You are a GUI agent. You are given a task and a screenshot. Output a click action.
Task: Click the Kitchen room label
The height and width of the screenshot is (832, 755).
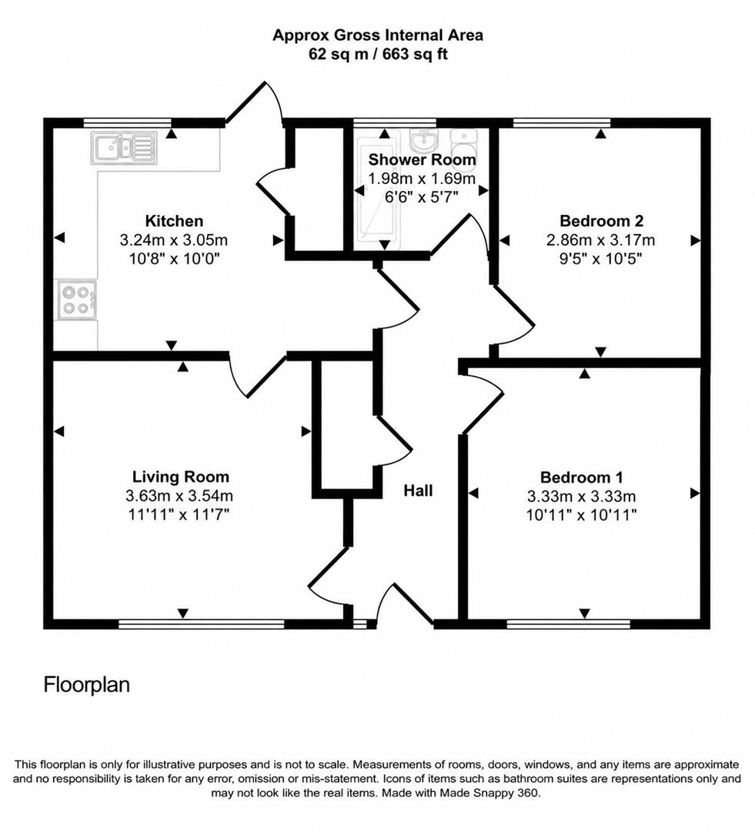174,221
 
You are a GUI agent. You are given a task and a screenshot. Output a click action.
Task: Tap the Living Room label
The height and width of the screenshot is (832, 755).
180,477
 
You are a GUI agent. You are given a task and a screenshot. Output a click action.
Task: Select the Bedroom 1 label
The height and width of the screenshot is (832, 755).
582,477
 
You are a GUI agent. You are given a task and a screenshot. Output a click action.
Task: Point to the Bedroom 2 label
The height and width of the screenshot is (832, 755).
601,220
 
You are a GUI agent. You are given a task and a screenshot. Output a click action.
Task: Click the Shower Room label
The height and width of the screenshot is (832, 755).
422,159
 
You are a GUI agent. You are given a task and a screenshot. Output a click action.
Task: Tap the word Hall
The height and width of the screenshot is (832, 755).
419,490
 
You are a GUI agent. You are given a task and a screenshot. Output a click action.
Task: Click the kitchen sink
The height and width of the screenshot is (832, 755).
125,148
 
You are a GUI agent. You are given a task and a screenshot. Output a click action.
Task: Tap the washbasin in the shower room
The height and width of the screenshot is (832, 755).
423,140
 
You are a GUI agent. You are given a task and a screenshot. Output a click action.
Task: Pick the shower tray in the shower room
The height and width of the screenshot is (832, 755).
375,189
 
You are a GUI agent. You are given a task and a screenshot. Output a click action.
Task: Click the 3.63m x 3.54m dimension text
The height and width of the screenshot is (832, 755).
179,495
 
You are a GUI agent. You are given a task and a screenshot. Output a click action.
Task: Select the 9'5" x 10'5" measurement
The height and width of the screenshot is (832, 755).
601,259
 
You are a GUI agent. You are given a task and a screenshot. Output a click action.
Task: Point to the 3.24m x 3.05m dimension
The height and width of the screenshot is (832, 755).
174,240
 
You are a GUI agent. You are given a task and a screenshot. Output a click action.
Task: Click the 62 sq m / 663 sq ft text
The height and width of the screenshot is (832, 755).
378,54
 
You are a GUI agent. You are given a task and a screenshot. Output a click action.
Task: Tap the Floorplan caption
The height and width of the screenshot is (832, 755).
86,685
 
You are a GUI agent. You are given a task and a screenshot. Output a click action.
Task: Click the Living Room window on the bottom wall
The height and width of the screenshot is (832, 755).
202,624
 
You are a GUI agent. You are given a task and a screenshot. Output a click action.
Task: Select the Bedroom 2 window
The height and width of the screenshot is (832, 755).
562,122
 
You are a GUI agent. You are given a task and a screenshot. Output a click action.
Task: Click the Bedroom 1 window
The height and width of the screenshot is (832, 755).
569,624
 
